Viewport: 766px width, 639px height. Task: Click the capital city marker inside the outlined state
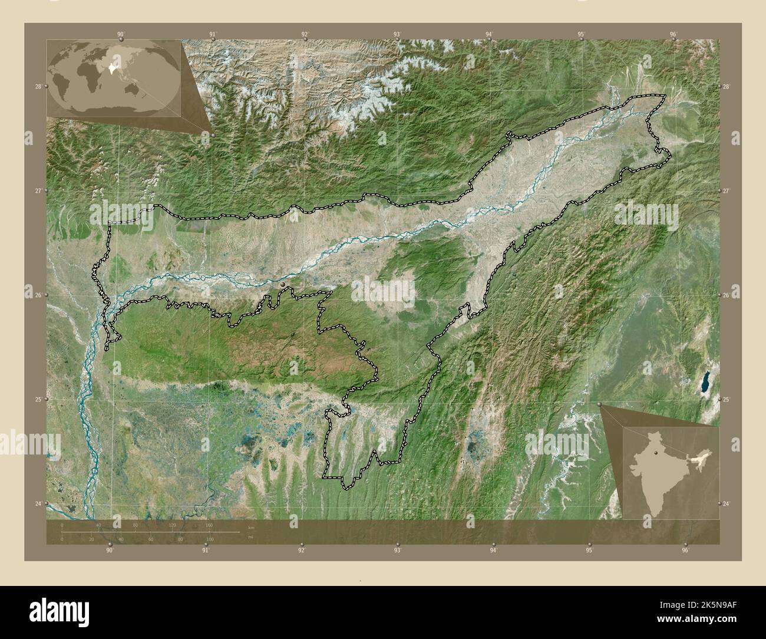click(x=283, y=285)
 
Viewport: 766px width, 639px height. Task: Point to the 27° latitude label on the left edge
click(x=38, y=191)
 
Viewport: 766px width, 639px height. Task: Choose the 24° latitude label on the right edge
click(x=726, y=503)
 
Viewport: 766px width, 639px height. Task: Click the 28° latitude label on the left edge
click(x=38, y=87)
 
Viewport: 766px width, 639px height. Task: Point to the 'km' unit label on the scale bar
click(x=251, y=526)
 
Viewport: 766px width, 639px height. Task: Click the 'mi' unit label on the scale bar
click(x=250, y=537)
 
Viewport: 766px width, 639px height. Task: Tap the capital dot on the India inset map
click(x=655, y=453)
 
